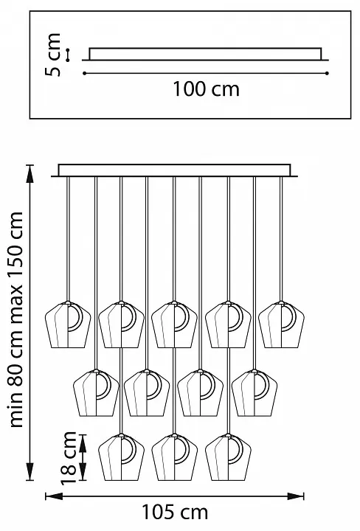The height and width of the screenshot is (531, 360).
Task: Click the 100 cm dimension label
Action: pos(206,89)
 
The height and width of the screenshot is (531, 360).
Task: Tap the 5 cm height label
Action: pos(53,55)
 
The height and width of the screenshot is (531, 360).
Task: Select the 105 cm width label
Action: pos(174,512)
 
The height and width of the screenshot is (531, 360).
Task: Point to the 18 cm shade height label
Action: pos(69,458)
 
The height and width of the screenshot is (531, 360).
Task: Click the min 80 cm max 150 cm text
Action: pos(15,319)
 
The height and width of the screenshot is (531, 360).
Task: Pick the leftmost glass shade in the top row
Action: pos(68,324)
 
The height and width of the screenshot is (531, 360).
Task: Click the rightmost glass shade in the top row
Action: pos(281,324)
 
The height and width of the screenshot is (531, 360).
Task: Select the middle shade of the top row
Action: pos(174,324)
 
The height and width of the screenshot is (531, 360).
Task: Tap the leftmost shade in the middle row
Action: pos(96,393)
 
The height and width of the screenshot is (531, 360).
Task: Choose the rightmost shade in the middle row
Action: pos(255,393)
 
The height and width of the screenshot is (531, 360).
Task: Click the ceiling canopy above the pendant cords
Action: pos(174,170)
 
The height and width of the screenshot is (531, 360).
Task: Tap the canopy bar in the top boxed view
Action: pos(205,54)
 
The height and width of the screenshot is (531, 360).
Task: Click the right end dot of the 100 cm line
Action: pos(327,73)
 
